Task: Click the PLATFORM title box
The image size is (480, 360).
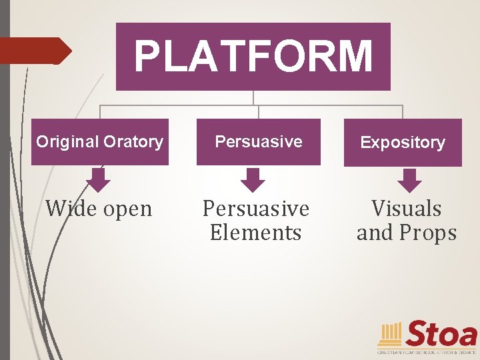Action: pos(253,57)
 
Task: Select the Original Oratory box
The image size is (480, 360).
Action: pos(99,142)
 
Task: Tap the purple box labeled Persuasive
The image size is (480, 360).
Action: pos(258,142)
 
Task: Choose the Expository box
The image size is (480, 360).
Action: pos(403,143)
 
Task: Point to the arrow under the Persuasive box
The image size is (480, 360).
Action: pos(253,180)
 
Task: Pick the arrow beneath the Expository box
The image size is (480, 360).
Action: pos(409,180)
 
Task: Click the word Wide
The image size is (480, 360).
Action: pos(71,209)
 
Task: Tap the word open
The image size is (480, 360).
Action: pos(127,209)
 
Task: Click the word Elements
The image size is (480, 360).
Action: pos(255,233)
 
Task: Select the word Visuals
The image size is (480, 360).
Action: pos(407,209)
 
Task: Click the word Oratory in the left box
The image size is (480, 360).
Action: pos(133,142)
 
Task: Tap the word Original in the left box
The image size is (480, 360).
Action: pos(67,142)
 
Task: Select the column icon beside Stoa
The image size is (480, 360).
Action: pos(390,334)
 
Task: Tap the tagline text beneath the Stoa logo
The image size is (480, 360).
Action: pos(427,351)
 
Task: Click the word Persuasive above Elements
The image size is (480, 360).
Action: pos(256,209)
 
